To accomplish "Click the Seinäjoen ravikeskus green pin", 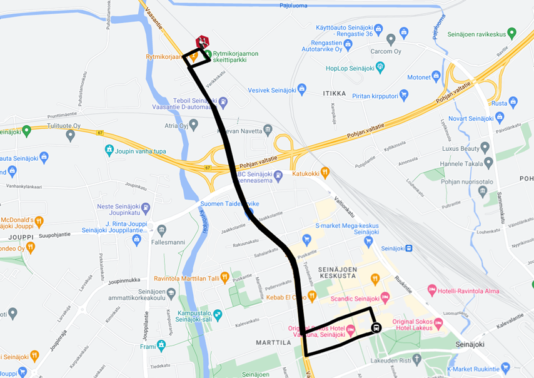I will pyautogui.click(x=511, y=33).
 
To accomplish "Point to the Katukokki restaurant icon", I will pyautogui.click(x=325, y=173).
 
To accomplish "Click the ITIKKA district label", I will pyautogui.click(x=335, y=94).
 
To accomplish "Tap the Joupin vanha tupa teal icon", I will pyautogui.click(x=109, y=150).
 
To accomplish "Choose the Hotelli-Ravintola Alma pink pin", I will pyautogui.click(x=432, y=290).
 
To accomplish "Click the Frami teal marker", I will pyautogui.click(x=162, y=344).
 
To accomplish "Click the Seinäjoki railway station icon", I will pyautogui.click(x=408, y=248).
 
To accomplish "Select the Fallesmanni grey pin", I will pyautogui.click(x=162, y=230).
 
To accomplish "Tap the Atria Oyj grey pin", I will pyautogui.click(x=194, y=125).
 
